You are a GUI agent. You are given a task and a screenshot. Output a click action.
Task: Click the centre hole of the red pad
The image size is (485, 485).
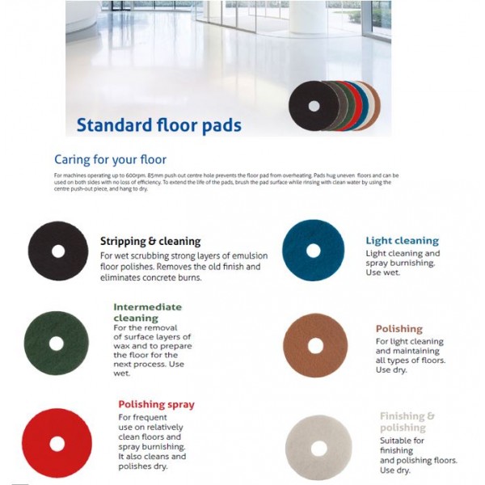[x=57, y=443]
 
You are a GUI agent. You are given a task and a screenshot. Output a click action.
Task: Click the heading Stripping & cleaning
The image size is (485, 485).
[x=150, y=241]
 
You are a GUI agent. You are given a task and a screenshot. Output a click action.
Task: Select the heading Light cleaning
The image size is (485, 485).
[x=402, y=241]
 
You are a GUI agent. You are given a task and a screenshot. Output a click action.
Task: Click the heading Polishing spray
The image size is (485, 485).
[x=156, y=404]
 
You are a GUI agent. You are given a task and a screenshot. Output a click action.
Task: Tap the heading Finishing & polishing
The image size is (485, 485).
[x=407, y=422]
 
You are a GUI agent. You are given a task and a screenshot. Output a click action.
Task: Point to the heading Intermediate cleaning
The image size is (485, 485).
[x=147, y=312]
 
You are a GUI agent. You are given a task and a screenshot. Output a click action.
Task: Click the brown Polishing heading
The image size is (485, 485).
[x=399, y=329]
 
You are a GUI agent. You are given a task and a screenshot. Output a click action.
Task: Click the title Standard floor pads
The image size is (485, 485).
[x=158, y=125]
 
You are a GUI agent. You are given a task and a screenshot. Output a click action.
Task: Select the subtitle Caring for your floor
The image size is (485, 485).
[x=110, y=159]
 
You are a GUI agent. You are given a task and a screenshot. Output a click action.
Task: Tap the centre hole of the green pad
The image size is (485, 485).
[x=56, y=344]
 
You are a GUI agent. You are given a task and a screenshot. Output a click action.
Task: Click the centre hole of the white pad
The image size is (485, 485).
[x=318, y=447]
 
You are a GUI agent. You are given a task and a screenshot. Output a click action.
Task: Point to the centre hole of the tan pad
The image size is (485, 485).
[x=315, y=345]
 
